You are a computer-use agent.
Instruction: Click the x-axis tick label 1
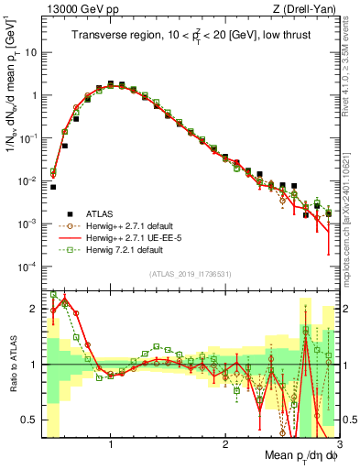point(110,444)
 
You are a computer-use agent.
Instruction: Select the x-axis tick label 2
point(225,444)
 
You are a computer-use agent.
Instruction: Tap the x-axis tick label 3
point(338,444)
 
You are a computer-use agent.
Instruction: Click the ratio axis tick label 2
point(34,309)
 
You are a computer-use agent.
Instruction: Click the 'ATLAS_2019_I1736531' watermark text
point(190,274)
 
